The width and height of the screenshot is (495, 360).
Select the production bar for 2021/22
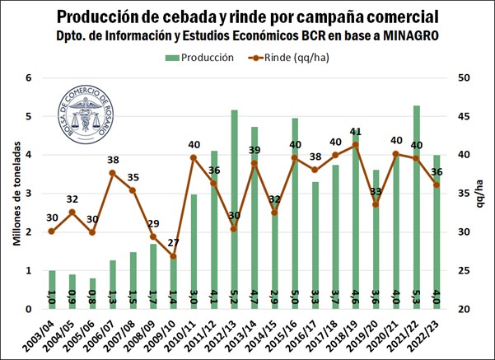[x=416, y=207]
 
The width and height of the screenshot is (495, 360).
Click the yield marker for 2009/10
[x=173, y=256]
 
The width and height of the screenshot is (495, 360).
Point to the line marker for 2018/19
[x=355, y=145]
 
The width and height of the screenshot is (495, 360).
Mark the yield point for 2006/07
[x=113, y=173]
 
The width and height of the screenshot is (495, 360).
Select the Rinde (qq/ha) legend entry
[x=295, y=57]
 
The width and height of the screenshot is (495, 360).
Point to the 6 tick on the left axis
[x=28, y=78]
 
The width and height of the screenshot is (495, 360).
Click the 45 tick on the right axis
[x=465, y=117]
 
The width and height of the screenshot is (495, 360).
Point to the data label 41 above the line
[x=355, y=132]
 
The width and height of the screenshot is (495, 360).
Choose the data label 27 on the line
[x=173, y=243]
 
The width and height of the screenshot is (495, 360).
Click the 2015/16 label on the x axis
[x=295, y=333]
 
